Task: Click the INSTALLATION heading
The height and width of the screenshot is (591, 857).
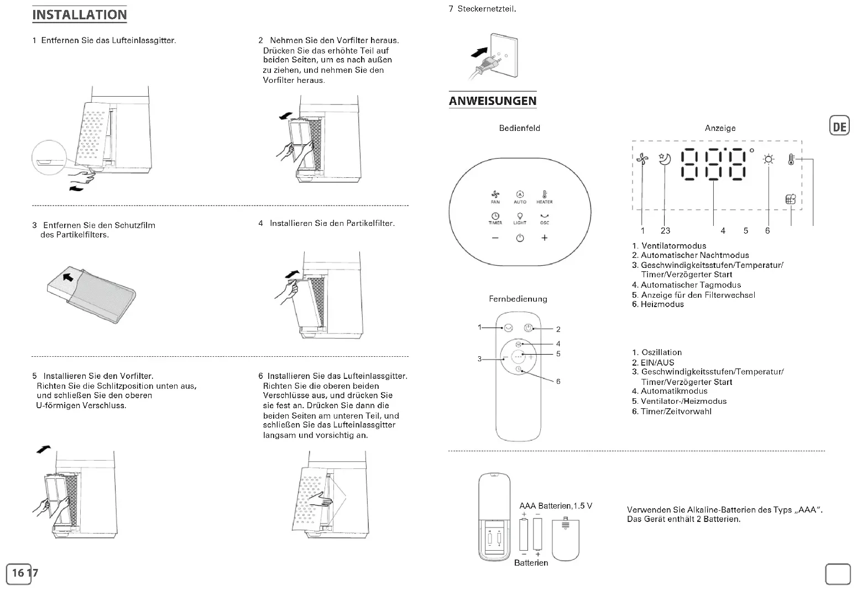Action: pyautogui.click(x=80, y=15)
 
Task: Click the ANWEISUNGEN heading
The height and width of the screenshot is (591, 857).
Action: pyautogui.click(x=493, y=101)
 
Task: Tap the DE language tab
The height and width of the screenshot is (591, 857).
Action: pyautogui.click(x=839, y=126)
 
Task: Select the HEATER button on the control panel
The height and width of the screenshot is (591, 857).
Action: pyautogui.click(x=544, y=197)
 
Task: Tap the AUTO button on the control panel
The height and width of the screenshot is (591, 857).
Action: pyautogui.click(x=520, y=197)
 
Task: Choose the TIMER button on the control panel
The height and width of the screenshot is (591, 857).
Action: pyautogui.click(x=495, y=218)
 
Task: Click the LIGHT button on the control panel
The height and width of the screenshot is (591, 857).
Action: pyautogui.click(x=520, y=218)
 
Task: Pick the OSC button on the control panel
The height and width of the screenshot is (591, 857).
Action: pyautogui.click(x=545, y=218)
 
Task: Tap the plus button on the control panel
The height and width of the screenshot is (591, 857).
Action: pyautogui.click(x=545, y=238)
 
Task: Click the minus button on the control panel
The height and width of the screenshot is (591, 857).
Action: pyautogui.click(x=495, y=238)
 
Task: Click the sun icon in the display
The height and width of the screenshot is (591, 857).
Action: pyautogui.click(x=769, y=160)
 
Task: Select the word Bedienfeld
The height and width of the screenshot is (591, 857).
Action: pyautogui.click(x=519, y=128)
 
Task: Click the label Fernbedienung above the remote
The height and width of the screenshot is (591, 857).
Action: pyautogui.click(x=518, y=299)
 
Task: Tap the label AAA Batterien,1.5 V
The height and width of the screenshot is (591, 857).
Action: pyautogui.click(x=556, y=506)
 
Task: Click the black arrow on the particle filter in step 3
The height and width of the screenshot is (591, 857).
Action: pyautogui.click(x=68, y=276)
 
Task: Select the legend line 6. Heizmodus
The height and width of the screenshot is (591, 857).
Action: pyautogui.click(x=658, y=304)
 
